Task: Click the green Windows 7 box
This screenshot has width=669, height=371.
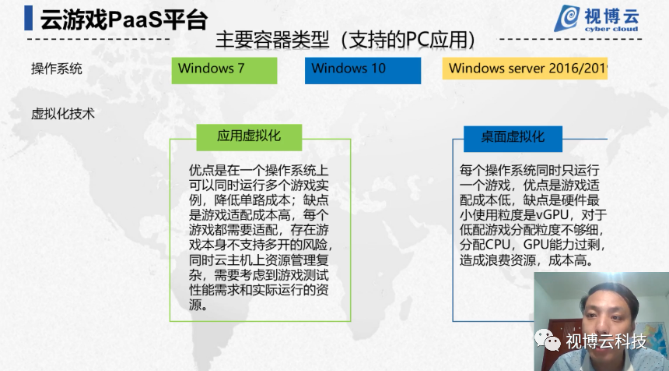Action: [224, 70]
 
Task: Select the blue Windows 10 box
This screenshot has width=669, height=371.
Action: [363, 70]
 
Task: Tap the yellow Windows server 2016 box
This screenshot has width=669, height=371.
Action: [525, 69]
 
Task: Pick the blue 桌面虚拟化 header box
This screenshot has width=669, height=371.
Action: [513, 139]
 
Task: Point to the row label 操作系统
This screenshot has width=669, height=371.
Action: [56, 69]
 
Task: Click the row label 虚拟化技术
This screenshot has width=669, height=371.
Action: [63, 114]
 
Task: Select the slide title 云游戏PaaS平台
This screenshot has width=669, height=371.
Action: [124, 19]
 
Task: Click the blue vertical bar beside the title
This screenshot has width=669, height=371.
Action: [29, 18]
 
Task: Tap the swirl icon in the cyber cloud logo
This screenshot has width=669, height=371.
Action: [566, 18]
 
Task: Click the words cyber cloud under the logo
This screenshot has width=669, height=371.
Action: [611, 29]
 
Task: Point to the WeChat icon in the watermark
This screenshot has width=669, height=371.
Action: [548, 341]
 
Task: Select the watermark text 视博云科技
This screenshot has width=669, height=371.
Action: [606, 341]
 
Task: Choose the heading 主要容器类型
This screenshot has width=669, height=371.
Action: [272, 41]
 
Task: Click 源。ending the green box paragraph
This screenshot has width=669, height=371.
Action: [198, 305]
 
